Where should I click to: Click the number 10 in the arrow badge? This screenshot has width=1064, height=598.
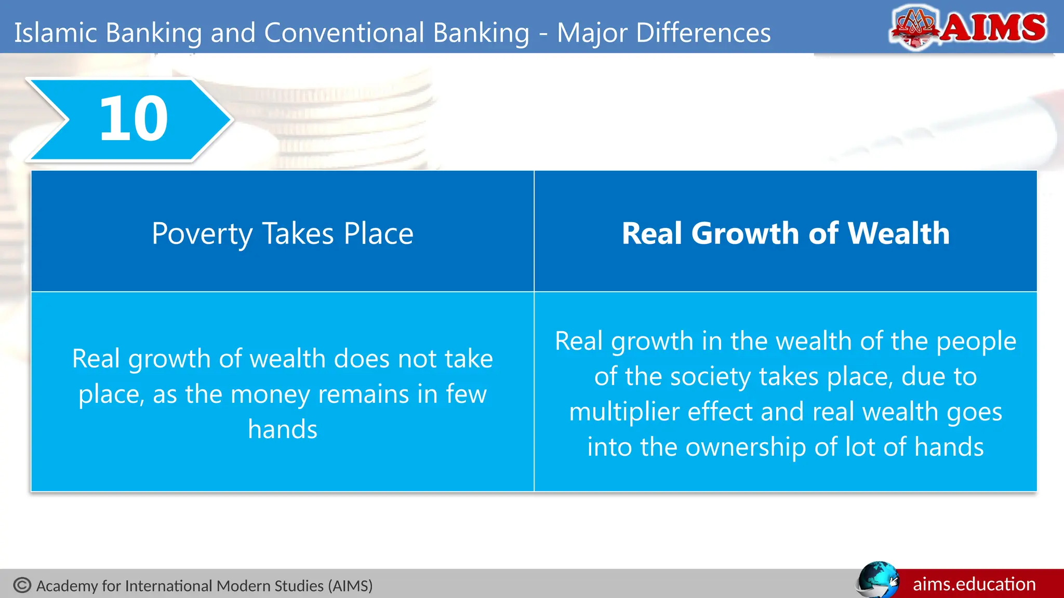[134, 119]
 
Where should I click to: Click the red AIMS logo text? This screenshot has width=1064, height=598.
[993, 27]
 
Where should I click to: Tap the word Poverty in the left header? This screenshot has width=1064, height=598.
[202, 234]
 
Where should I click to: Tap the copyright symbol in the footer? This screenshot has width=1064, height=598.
[22, 585]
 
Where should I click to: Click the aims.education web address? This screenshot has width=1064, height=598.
[974, 584]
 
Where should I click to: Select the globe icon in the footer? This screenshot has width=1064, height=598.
[877, 579]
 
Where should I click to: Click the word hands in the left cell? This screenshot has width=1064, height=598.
[283, 429]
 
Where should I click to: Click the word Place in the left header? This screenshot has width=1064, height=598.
[378, 234]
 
